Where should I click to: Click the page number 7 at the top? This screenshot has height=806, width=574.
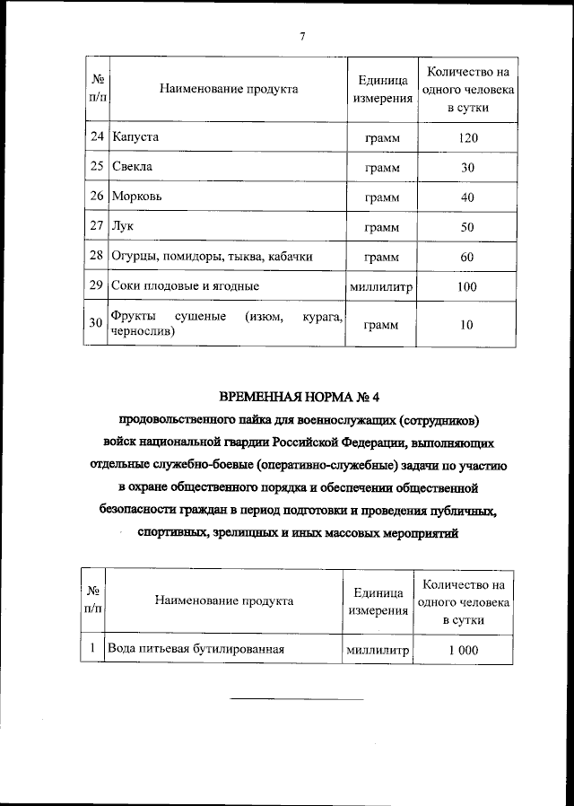point(302,36)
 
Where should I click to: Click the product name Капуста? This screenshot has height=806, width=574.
point(135,138)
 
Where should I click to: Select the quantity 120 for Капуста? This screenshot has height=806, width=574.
point(466,138)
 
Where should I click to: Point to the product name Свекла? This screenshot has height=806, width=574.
point(133,168)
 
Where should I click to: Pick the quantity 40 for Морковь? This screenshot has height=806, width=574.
point(466,197)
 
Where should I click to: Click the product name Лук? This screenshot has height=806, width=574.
point(122,227)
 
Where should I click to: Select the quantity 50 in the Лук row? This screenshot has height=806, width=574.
point(466,227)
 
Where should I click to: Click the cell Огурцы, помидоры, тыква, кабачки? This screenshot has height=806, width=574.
point(212,257)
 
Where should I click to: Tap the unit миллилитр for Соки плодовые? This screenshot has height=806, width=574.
point(381,287)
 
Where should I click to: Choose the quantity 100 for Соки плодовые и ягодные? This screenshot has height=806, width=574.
point(466,286)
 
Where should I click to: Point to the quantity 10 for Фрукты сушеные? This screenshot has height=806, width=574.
point(466,324)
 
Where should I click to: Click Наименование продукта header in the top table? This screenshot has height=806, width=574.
point(228,89)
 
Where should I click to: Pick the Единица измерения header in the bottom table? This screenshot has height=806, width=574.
point(377,600)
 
